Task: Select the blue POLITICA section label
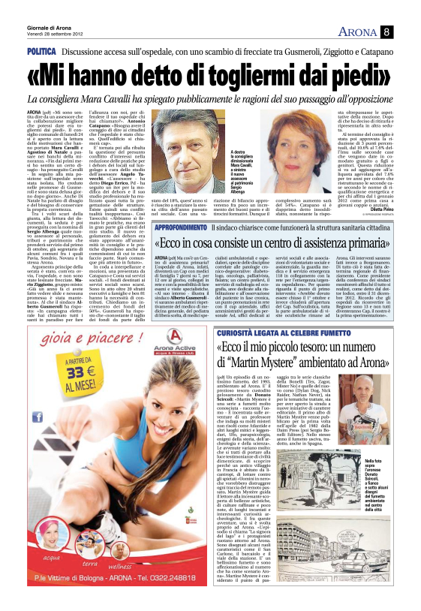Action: pos(41,51)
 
